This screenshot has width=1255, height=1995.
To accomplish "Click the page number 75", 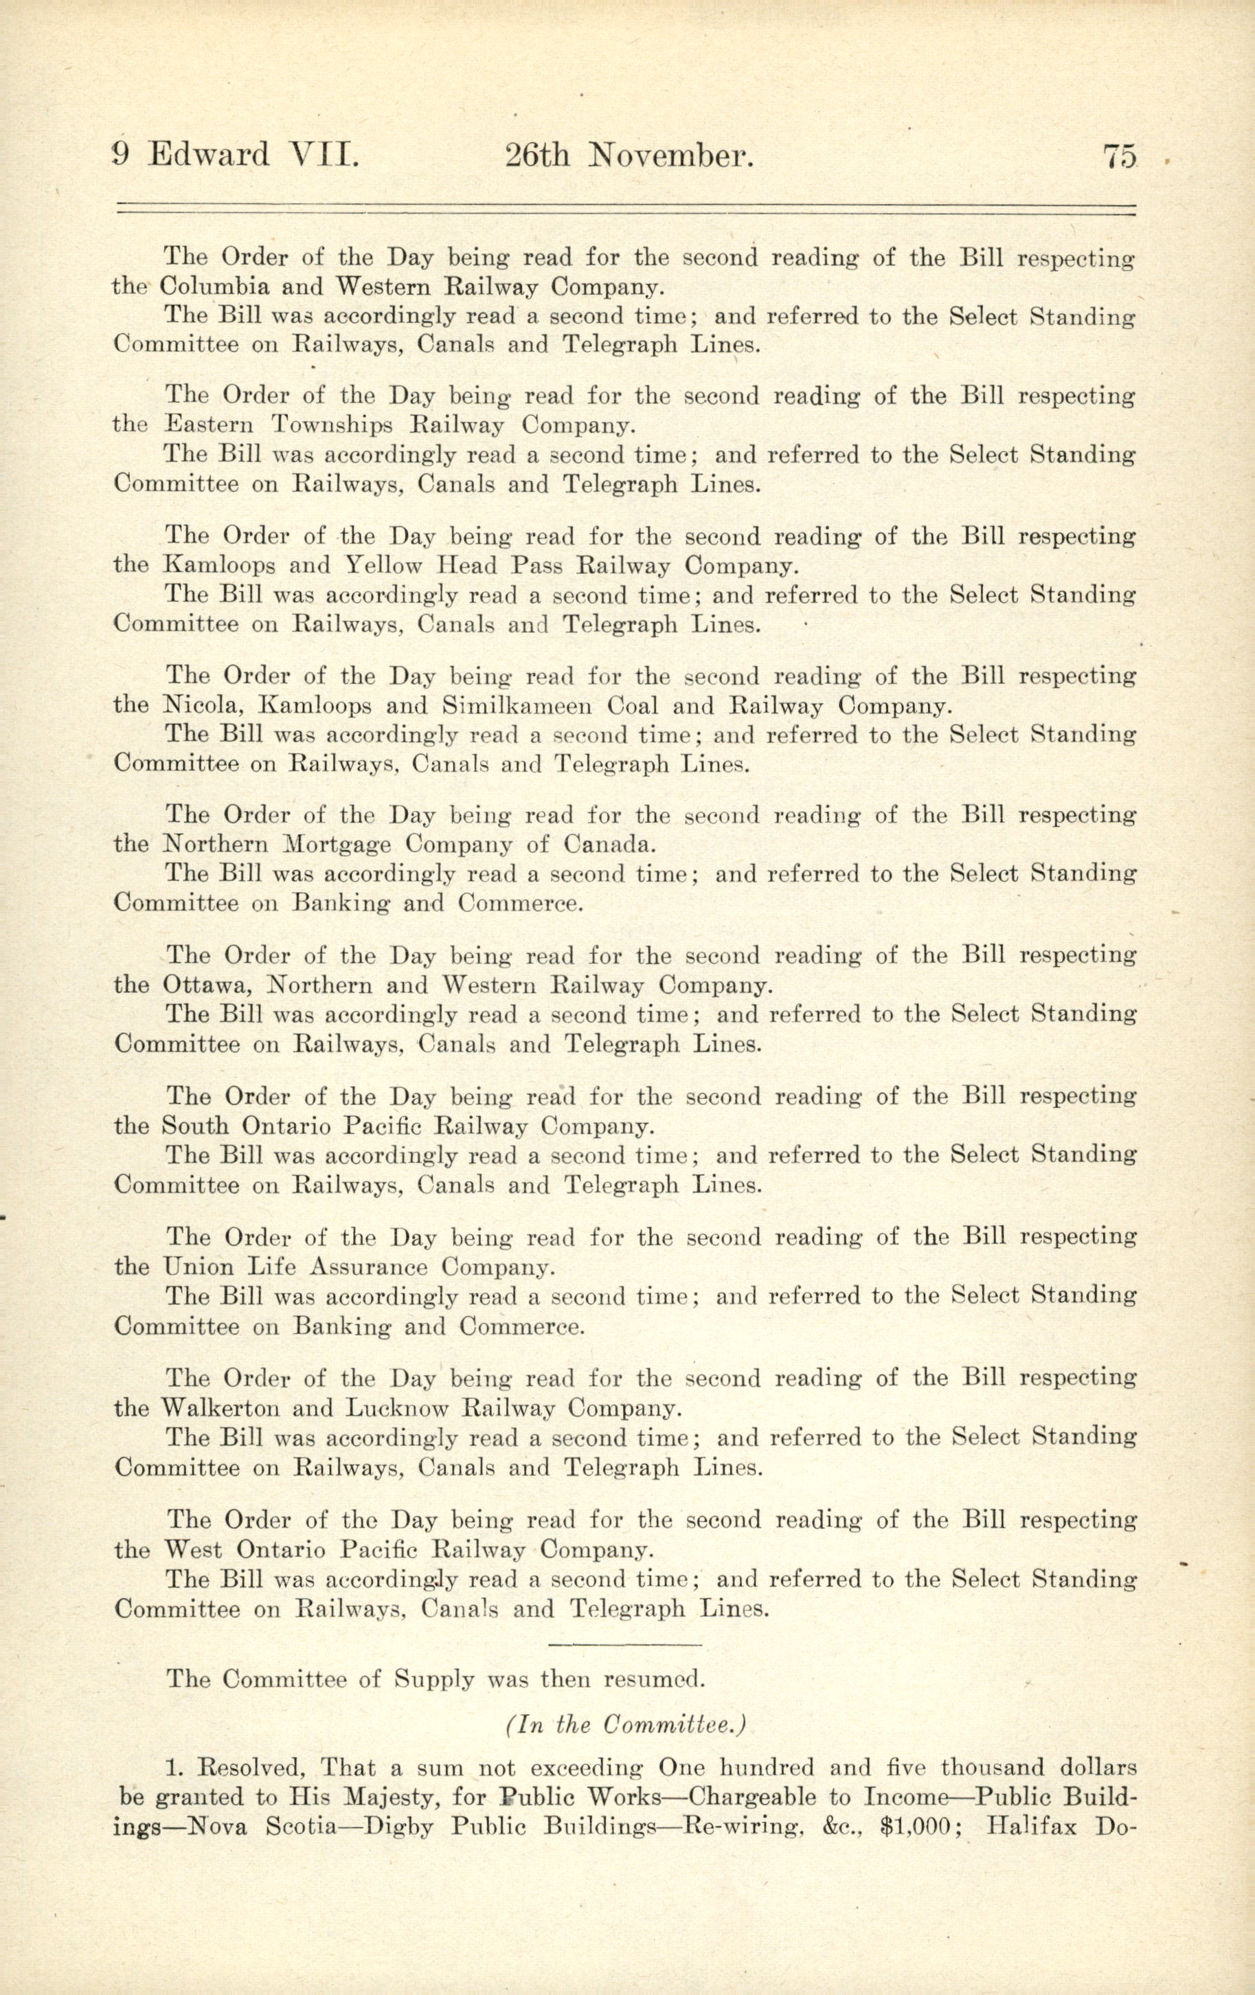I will pos(1119,157).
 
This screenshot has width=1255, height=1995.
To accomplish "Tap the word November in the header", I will pos(670,157).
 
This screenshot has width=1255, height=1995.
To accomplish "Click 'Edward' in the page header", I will pos(209,157).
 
